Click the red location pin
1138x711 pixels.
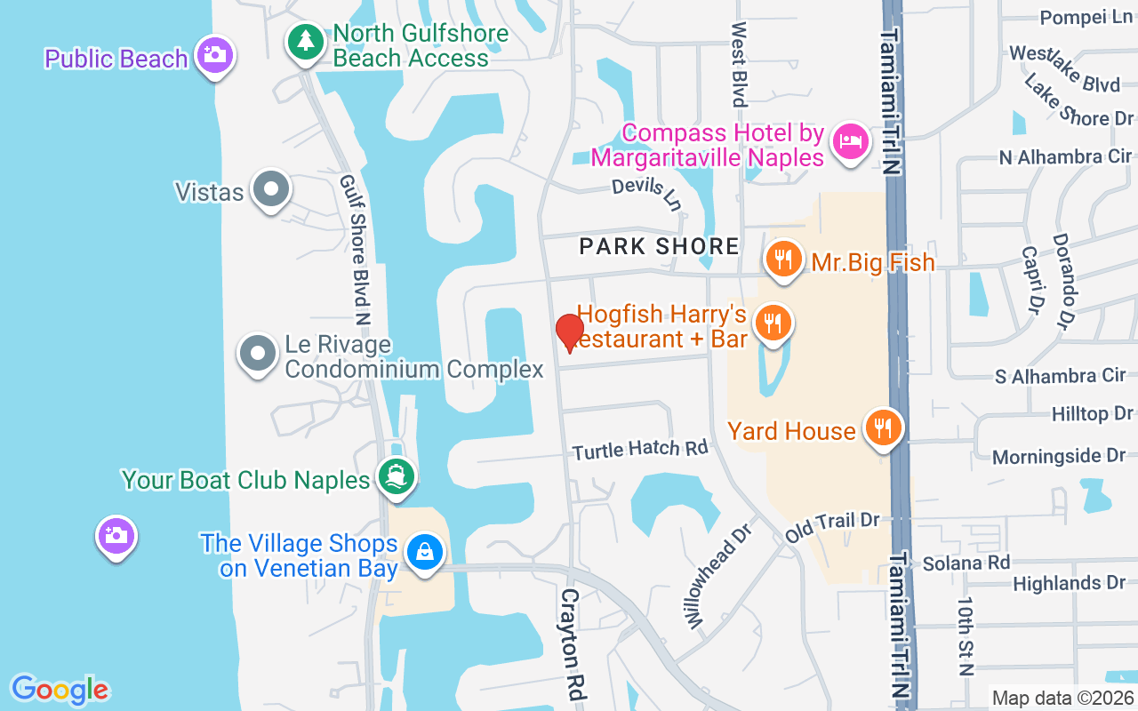pyautogui.click(x=570, y=332)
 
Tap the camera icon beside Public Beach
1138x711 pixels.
pyautogui.click(x=213, y=55)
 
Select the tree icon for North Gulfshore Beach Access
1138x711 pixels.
pyautogui.click(x=306, y=41)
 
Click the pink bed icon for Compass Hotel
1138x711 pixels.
pyautogui.click(x=850, y=141)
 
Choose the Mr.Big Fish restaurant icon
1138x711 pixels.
pyautogui.click(x=782, y=260)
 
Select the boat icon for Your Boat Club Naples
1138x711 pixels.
pyautogui.click(x=396, y=477)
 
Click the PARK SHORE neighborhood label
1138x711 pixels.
pyautogui.click(x=659, y=246)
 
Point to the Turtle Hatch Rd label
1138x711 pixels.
pyautogui.click(x=640, y=450)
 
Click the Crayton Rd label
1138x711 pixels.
pyautogui.click(x=571, y=644)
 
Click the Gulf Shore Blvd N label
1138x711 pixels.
pyautogui.click(x=354, y=249)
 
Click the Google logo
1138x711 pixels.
pyautogui.click(x=60, y=689)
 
